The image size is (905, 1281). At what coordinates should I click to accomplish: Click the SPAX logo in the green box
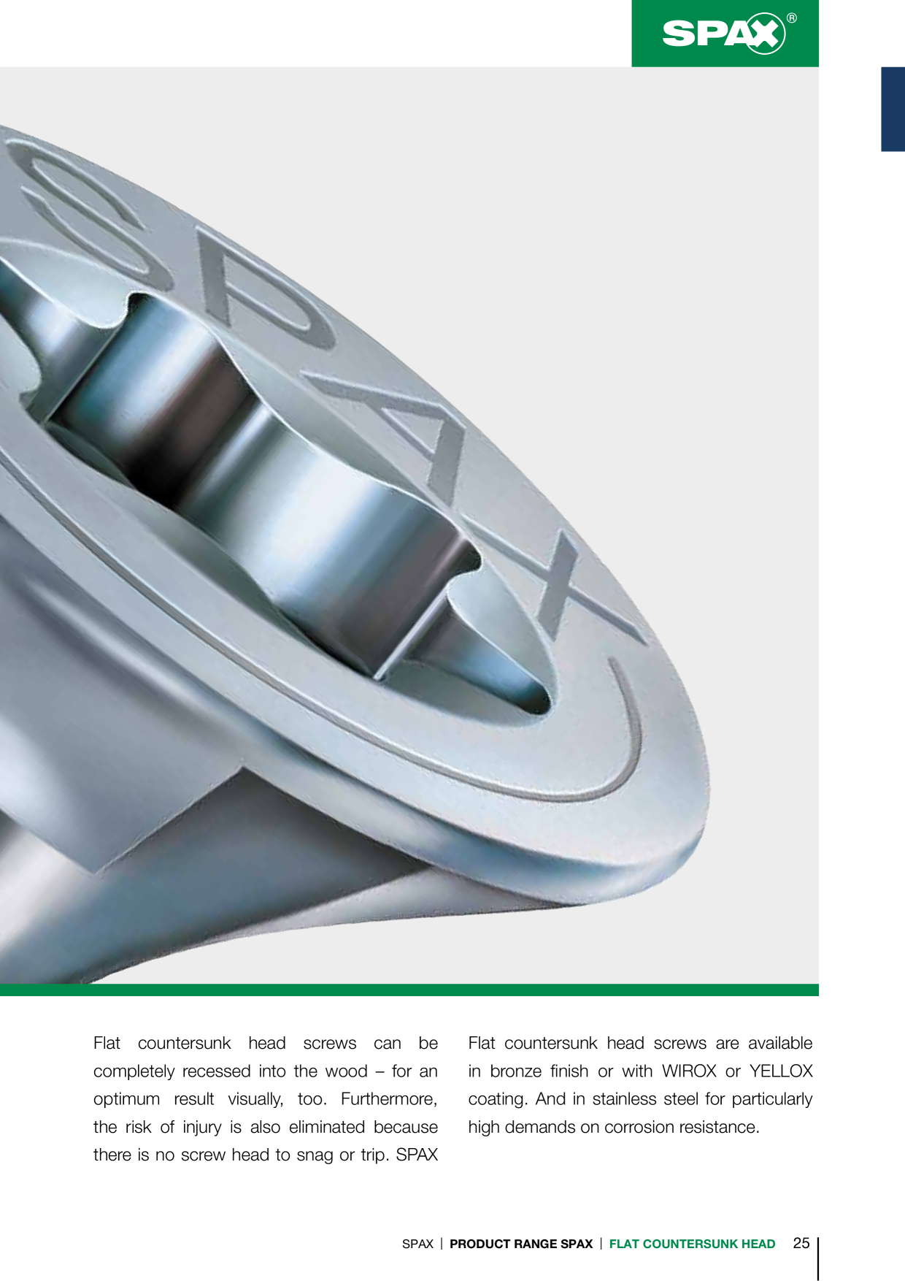pyautogui.click(x=724, y=34)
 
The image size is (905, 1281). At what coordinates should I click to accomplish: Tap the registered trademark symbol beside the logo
pyautogui.click(x=792, y=18)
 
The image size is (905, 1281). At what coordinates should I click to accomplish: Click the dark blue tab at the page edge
pyautogui.click(x=893, y=109)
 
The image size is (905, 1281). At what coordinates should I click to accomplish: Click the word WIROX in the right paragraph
pyautogui.click(x=689, y=1071)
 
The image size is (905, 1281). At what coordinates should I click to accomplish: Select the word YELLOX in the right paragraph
pyautogui.click(x=781, y=1071)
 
